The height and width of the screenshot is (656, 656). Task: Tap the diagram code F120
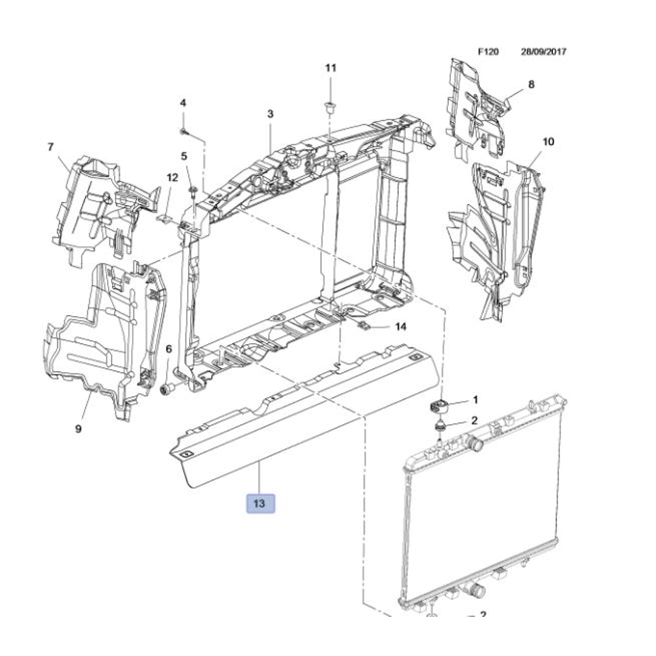click(488, 52)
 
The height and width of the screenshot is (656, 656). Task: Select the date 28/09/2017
click(543, 52)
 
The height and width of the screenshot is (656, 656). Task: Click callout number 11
click(331, 68)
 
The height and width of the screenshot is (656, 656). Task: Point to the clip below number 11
click(331, 108)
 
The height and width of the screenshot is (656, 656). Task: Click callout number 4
click(183, 103)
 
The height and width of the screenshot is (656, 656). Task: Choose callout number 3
click(270, 114)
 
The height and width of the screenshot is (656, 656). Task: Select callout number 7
click(50, 147)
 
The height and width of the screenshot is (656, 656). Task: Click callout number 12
click(172, 177)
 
